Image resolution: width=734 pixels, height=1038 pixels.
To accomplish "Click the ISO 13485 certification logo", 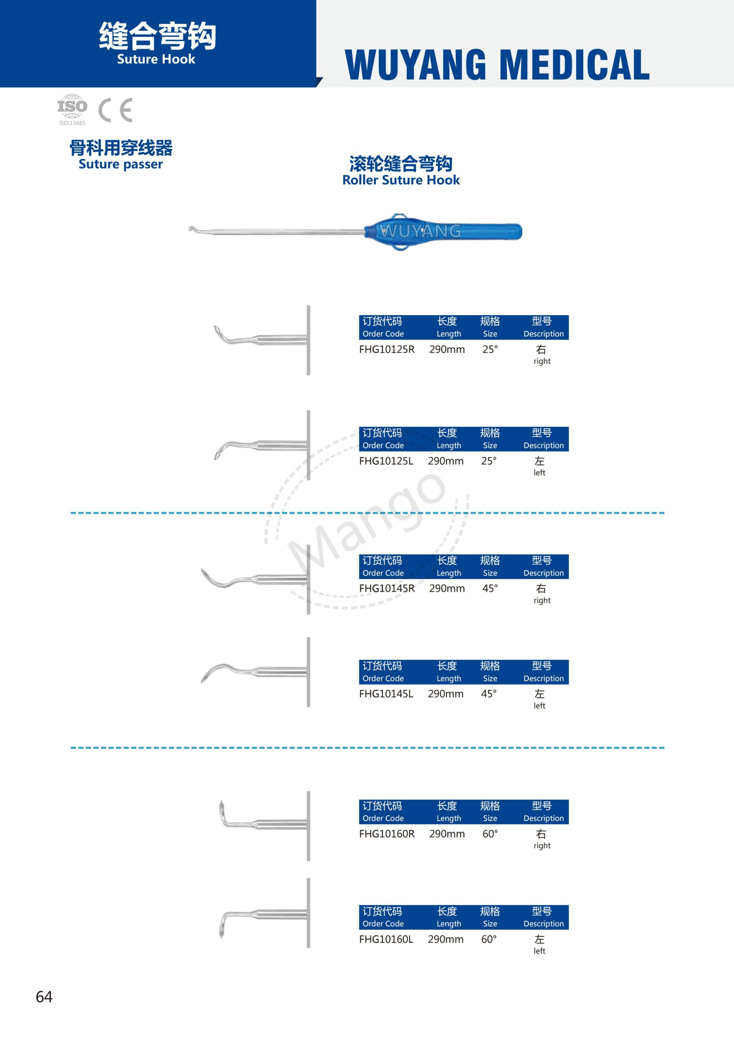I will point(72,109).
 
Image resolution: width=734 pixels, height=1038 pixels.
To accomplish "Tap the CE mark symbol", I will point(115,110).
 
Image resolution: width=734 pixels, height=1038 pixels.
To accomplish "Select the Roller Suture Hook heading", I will point(401,180).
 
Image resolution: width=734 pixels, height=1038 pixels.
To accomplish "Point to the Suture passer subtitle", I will point(120,164).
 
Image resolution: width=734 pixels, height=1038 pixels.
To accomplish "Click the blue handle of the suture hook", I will point(452,232).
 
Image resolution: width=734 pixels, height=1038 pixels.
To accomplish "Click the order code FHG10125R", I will point(387,350).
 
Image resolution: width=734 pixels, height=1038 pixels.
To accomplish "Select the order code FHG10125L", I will point(386,461).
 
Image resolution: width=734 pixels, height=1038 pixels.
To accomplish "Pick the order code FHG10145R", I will point(387,589).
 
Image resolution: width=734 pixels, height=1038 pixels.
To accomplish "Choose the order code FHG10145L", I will point(386,694).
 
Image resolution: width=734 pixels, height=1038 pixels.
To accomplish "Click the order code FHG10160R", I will point(387,834).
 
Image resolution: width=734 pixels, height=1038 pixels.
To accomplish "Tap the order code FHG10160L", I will point(386,939).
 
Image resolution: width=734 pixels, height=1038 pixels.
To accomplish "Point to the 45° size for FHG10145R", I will point(490,589).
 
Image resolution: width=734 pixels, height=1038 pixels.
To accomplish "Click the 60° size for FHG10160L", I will point(488,939).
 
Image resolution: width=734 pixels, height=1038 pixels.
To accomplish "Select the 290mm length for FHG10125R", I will point(447,350).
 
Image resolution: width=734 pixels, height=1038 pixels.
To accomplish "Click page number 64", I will point(44,997).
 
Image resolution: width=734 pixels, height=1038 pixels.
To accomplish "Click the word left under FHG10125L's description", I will point(539,473).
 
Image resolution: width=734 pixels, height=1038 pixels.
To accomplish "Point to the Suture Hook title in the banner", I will point(156,59).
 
